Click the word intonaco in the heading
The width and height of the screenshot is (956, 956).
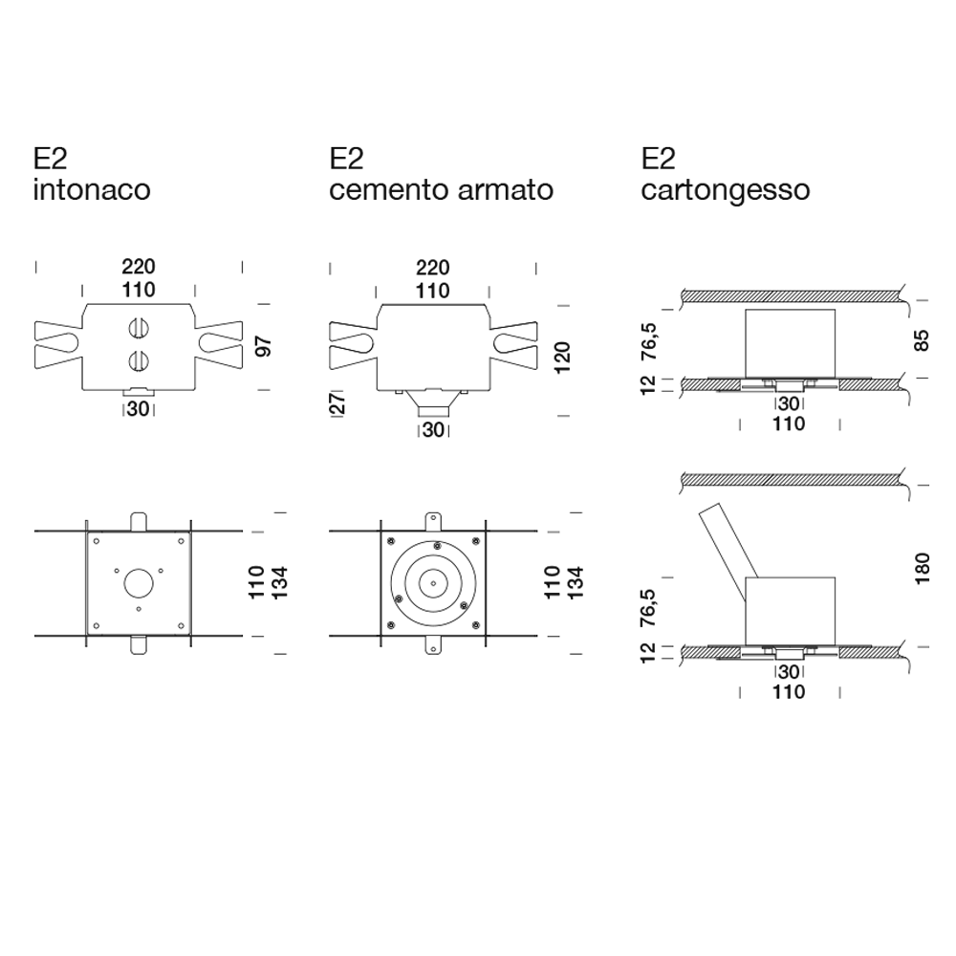tap(92, 189)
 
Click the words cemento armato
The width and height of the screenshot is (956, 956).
tap(441, 189)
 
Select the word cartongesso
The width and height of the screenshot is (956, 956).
tap(725, 189)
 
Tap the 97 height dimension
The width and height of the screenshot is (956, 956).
tap(264, 346)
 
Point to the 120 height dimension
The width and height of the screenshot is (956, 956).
tap(561, 358)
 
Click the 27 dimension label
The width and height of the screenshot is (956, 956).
tap(337, 403)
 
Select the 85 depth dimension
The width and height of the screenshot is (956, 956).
tap(922, 340)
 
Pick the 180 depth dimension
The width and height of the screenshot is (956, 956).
tap(922, 568)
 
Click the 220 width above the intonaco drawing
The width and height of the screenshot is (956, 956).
tap(139, 267)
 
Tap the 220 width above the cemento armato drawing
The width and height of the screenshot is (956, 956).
tap(433, 267)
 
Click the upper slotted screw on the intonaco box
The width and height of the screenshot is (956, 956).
tap(139, 328)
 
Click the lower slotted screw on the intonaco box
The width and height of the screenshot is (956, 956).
tap(139, 361)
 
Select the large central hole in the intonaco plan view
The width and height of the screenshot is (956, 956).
tap(139, 583)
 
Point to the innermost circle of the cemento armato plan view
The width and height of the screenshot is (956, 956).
tap(433, 583)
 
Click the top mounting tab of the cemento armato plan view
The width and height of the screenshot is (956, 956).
tap(433, 521)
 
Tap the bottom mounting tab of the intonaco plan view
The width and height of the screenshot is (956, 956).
tap(139, 645)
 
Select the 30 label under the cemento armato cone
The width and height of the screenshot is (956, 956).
tap(433, 430)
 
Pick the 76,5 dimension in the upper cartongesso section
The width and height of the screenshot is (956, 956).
tap(649, 340)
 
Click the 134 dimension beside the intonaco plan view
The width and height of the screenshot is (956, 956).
tap(278, 583)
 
